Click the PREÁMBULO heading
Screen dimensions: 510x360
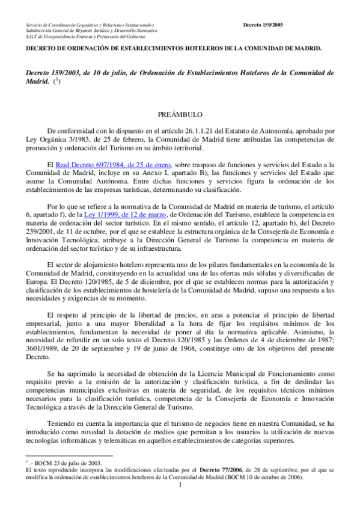pos(180,114)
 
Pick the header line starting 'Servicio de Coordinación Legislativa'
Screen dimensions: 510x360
pos(90,25)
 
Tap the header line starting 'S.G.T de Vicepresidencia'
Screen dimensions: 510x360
pos(90,36)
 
